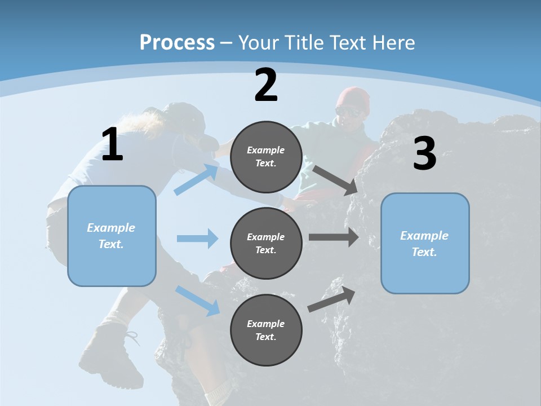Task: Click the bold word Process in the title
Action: tap(177, 42)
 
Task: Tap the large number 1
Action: tap(112, 145)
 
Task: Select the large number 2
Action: tap(266, 85)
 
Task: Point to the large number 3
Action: tap(424, 154)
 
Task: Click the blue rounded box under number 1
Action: tap(112, 236)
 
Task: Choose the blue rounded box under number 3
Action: tap(425, 243)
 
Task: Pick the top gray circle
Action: tap(266, 157)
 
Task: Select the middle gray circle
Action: tap(266, 243)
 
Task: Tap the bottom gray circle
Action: tap(266, 330)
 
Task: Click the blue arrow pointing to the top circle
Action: tap(197, 179)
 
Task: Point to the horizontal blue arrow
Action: tap(197, 239)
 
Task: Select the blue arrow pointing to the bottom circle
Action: tap(198, 300)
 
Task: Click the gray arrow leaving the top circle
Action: tap(335, 180)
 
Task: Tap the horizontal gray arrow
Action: tap(334, 237)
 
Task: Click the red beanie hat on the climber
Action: tap(353, 98)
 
